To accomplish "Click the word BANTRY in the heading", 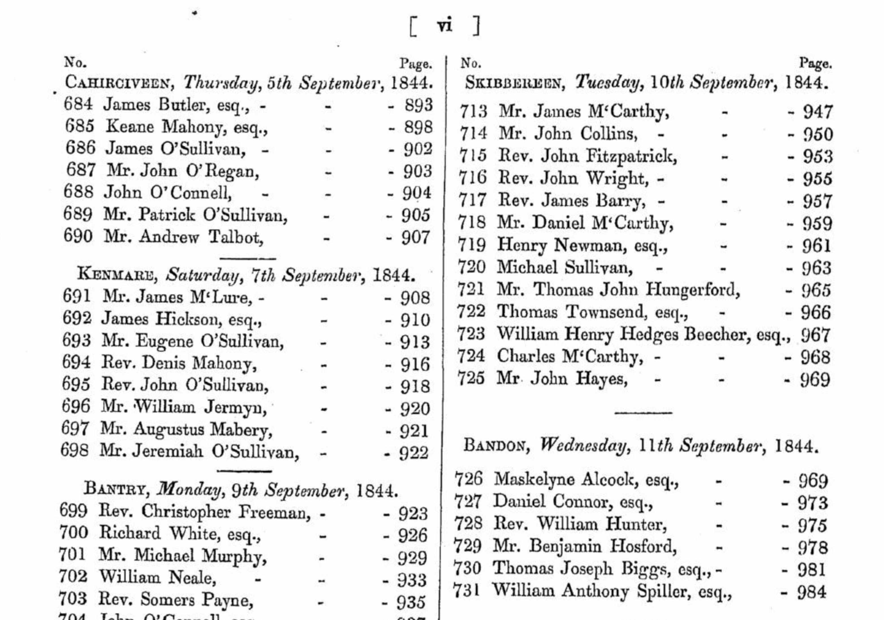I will (x=116, y=489).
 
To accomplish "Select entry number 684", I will (x=79, y=104).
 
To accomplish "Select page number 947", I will (x=818, y=112).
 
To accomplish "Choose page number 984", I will (x=812, y=592).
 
